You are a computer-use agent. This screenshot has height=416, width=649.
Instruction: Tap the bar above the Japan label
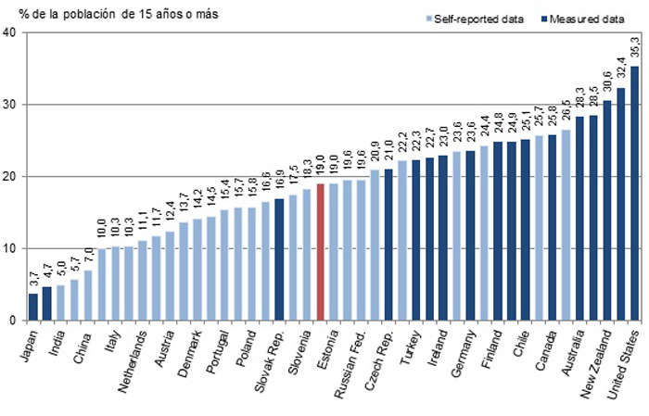pyautogui.click(x=33, y=307)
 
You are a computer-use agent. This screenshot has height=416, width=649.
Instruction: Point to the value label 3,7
pyautogui.click(x=33, y=279)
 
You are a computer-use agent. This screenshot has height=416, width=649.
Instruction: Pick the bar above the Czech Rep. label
pyautogui.click(x=389, y=245)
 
